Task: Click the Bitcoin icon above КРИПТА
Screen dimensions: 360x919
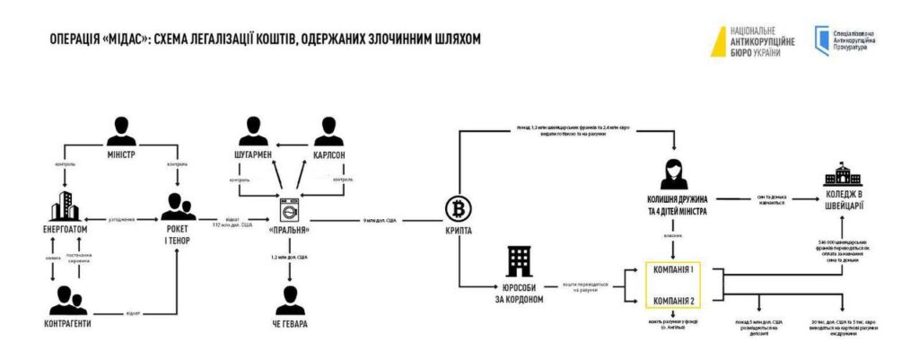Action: (x=458, y=209)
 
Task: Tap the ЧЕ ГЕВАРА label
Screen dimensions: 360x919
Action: (x=288, y=324)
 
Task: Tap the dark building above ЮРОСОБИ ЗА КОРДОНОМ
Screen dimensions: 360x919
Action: (x=520, y=262)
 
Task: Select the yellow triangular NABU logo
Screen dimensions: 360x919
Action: (x=719, y=40)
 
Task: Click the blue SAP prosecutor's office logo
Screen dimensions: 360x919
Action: (x=821, y=39)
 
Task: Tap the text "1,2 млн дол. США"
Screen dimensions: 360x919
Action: (x=289, y=258)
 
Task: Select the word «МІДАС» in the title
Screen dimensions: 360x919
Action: (x=130, y=39)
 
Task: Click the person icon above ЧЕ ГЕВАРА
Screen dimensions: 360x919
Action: (x=289, y=296)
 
